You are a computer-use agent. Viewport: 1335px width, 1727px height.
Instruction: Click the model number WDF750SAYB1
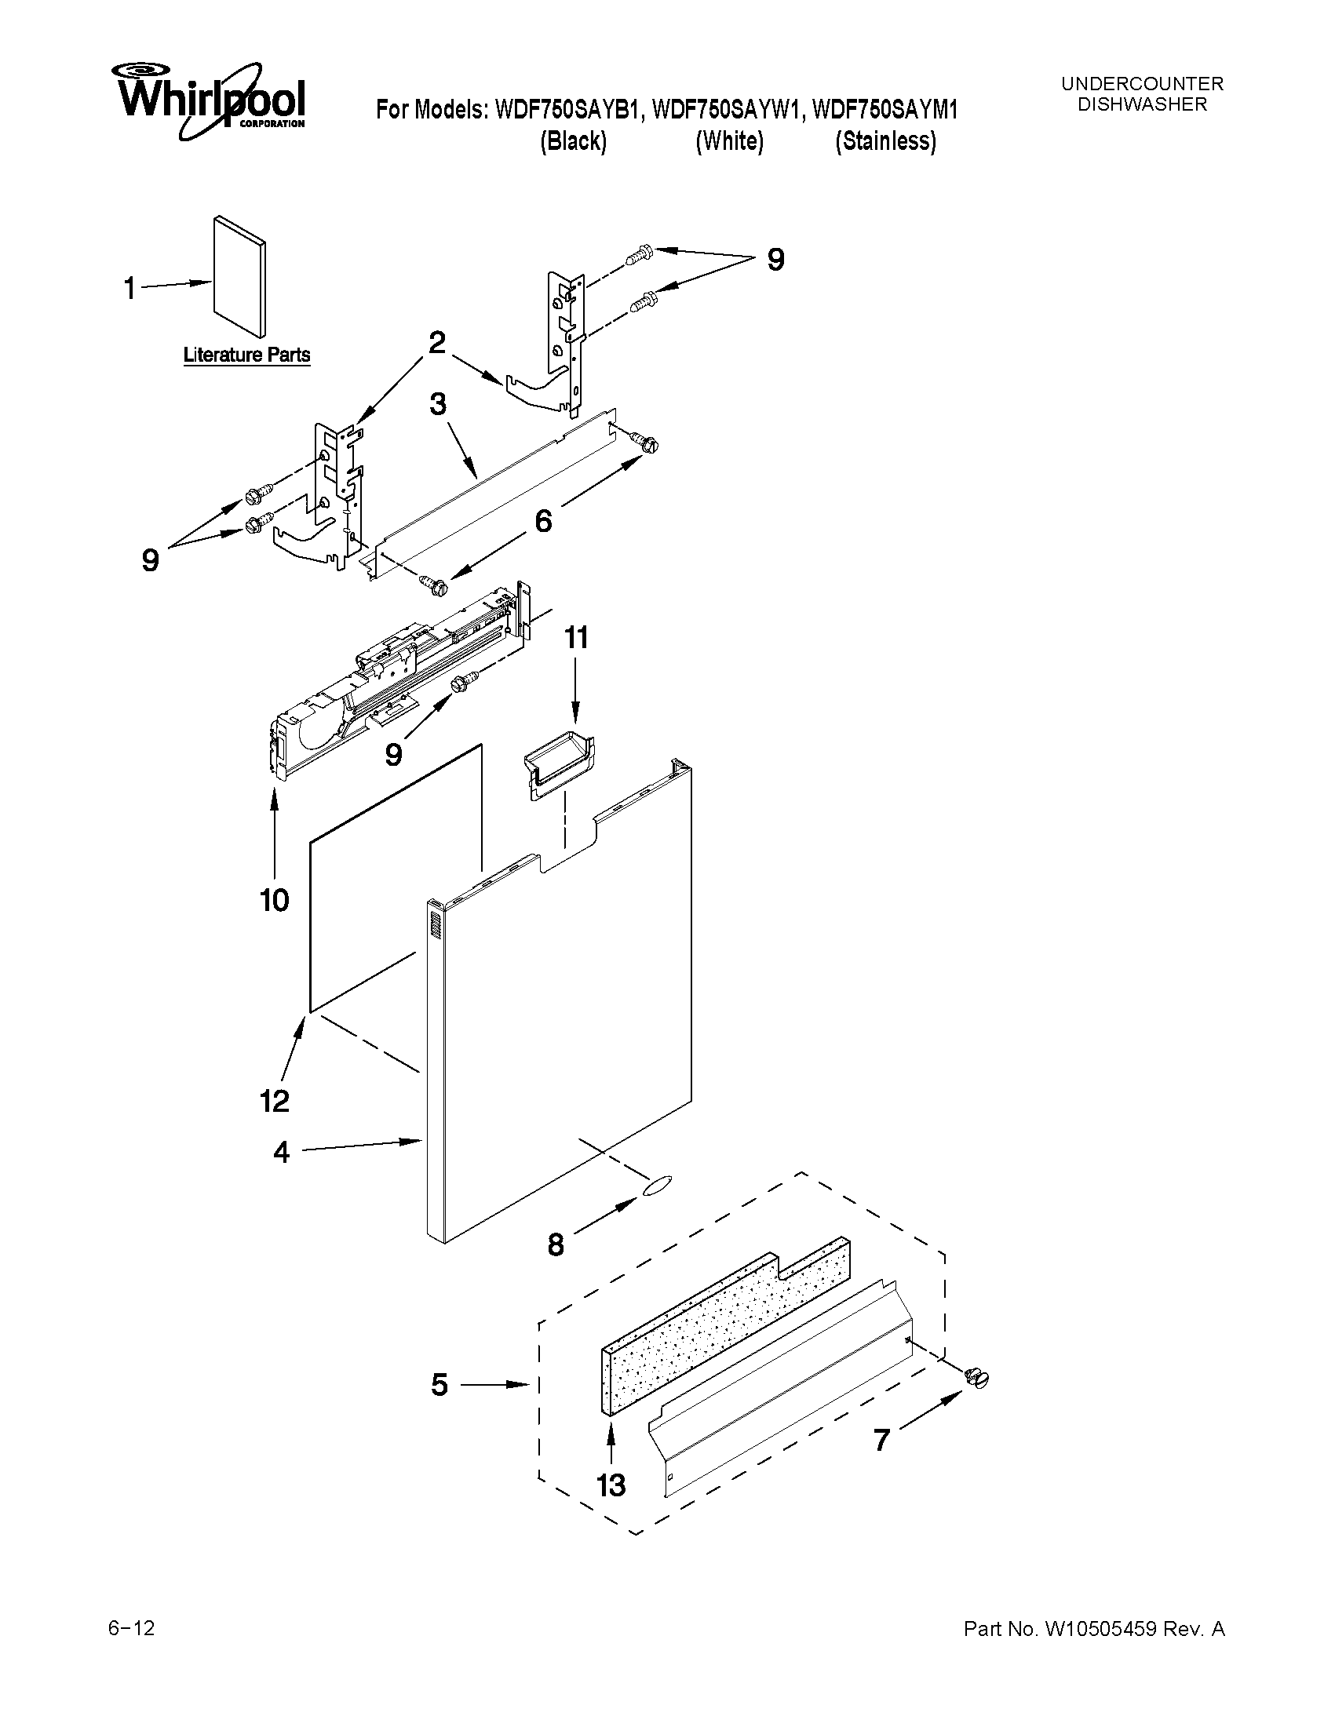566,110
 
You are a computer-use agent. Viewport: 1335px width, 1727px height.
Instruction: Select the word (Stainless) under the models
886,141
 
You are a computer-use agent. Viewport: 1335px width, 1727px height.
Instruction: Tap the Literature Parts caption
246,355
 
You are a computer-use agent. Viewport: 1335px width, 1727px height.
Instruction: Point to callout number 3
437,406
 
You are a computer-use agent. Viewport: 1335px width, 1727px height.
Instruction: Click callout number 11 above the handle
576,637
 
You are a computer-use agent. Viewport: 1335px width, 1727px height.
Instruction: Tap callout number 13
611,1485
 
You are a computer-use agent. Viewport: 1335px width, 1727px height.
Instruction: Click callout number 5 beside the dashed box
440,1385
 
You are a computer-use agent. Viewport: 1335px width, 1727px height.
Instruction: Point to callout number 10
275,901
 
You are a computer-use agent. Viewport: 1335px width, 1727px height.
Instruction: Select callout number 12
275,1101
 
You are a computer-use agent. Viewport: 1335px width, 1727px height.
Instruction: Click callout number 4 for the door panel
282,1152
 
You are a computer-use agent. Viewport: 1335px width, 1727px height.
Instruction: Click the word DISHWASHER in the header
1142,104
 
